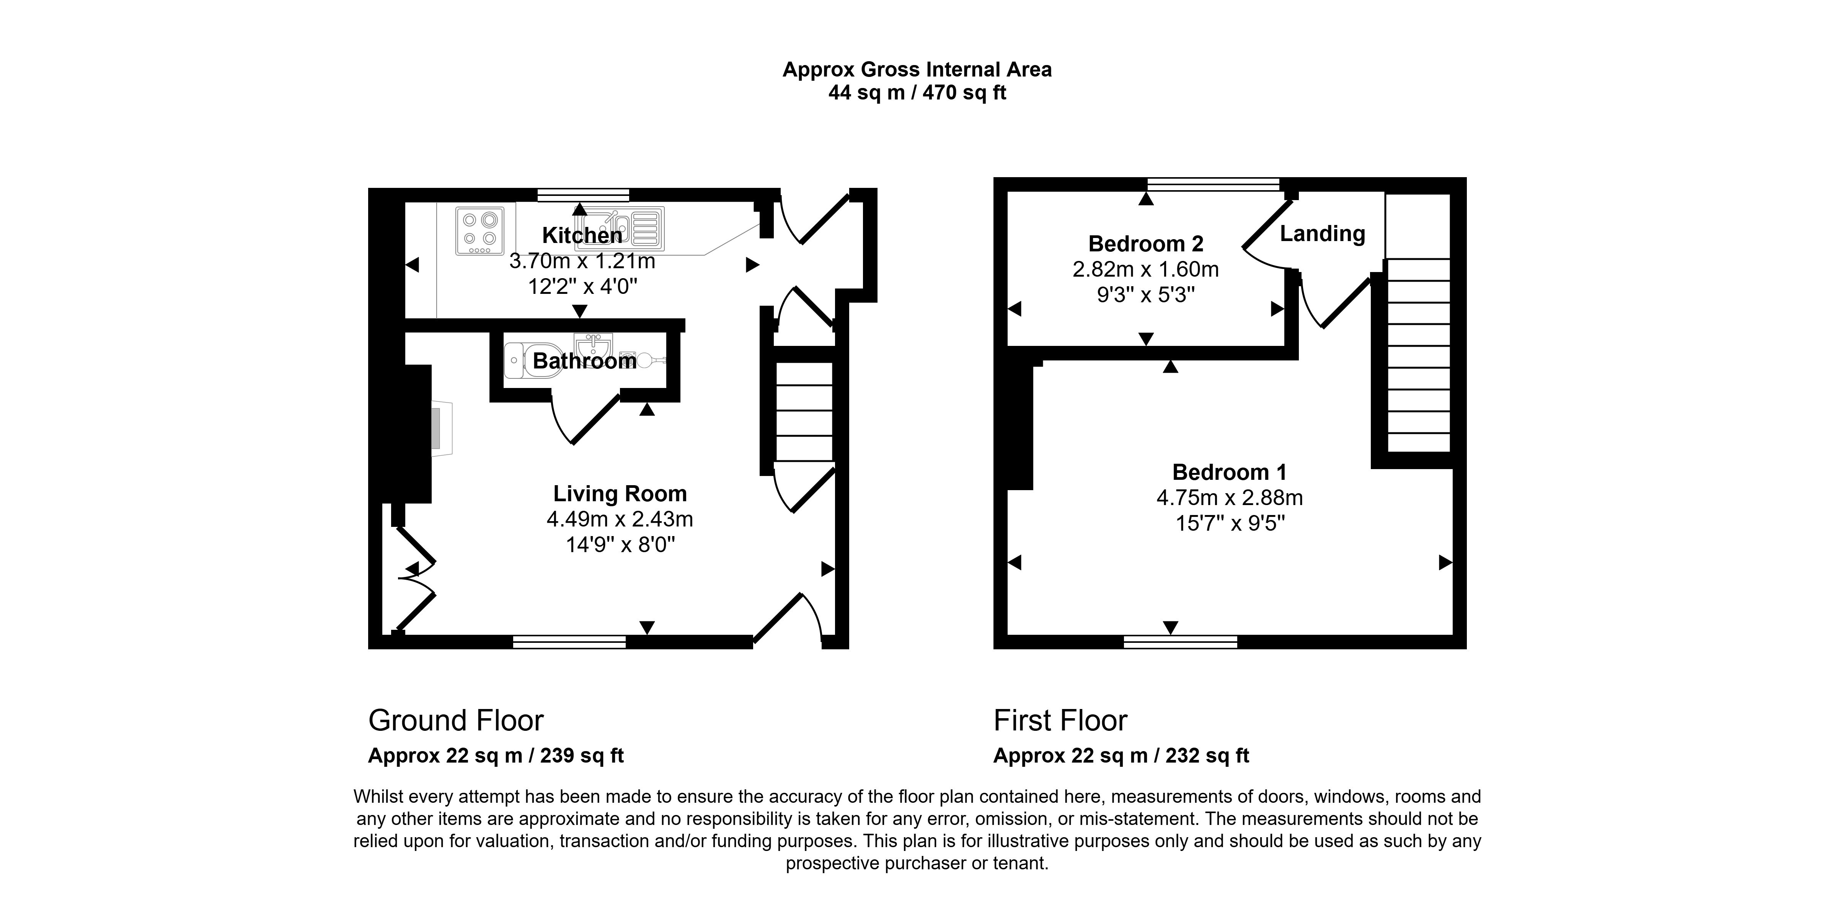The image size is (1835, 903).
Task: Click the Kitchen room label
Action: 582,235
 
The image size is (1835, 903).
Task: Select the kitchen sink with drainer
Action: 620,228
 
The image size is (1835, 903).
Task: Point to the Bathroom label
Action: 584,361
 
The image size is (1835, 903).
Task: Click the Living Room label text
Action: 620,494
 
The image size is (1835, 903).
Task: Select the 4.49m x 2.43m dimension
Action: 620,519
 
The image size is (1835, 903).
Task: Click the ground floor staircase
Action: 804,412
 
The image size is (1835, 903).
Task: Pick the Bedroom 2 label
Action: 1145,244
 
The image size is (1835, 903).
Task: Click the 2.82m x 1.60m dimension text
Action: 1145,269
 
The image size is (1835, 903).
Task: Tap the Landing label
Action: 1322,233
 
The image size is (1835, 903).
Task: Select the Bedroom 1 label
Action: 1230,472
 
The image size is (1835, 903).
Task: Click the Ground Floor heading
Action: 456,721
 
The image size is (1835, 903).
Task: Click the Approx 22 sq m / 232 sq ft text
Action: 1121,756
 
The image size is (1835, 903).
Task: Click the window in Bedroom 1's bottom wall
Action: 1180,642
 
